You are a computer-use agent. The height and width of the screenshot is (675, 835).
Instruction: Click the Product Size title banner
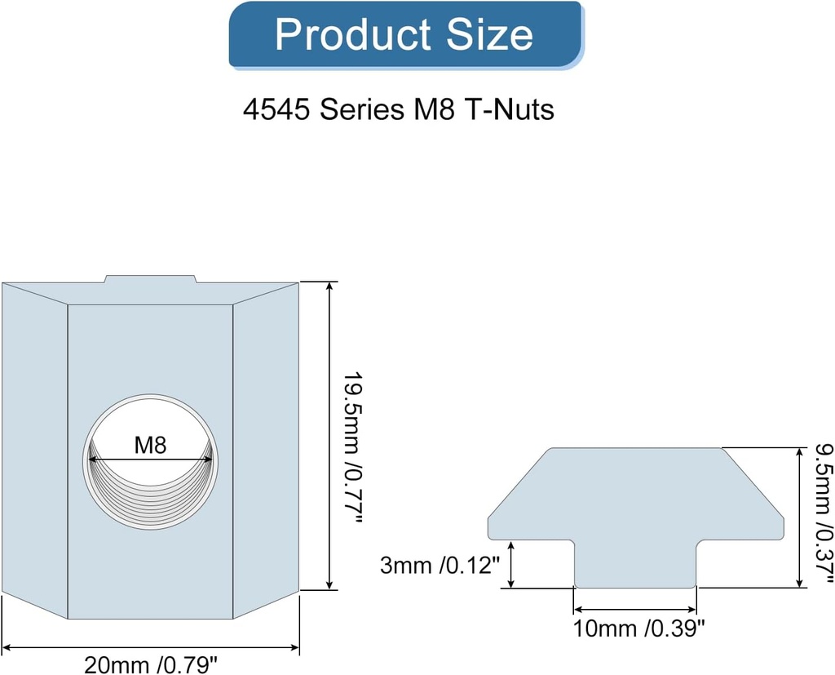pyautogui.click(x=405, y=35)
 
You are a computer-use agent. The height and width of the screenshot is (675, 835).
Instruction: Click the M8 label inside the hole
pyautogui.click(x=150, y=446)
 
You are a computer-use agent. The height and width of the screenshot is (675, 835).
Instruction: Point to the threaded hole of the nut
pyautogui.click(x=151, y=490)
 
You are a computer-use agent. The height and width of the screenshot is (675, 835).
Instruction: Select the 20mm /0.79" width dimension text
pyautogui.click(x=152, y=664)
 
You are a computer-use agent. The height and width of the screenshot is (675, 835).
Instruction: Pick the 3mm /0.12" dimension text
pyautogui.click(x=440, y=566)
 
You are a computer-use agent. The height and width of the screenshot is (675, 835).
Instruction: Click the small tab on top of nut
pyautogui.click(x=150, y=279)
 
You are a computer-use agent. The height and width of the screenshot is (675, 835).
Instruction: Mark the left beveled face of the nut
pyautogui.click(x=34, y=449)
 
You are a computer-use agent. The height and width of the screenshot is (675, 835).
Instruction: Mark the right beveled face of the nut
pyautogui.click(x=266, y=449)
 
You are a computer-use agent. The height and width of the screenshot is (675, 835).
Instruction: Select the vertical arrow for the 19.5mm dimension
pyautogui.click(x=329, y=435)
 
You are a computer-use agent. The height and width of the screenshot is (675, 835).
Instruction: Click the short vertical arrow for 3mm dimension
pyautogui.click(x=511, y=565)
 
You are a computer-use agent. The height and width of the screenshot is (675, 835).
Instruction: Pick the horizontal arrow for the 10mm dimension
pyautogui.click(x=635, y=609)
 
